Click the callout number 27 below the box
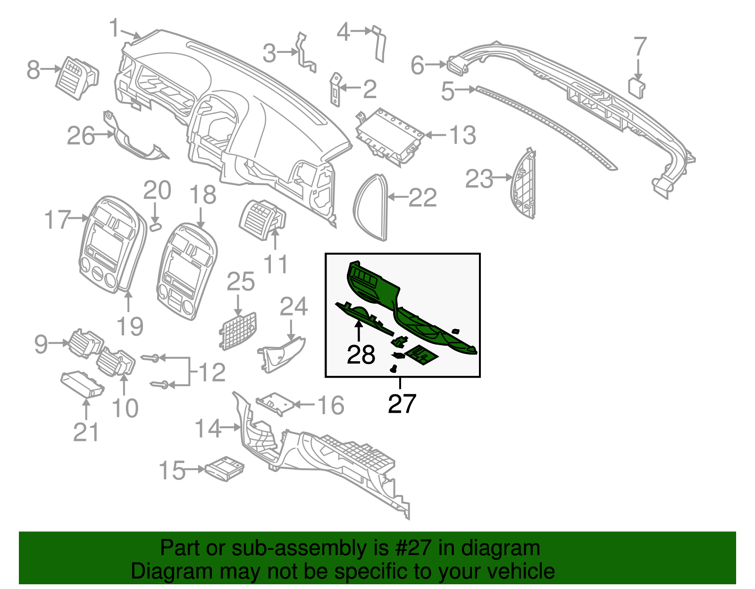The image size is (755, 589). (x=402, y=404)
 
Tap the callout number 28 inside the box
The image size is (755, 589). (x=361, y=355)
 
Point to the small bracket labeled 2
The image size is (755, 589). (x=335, y=90)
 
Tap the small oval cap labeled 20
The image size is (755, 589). (x=155, y=227)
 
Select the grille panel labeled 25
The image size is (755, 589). (x=238, y=331)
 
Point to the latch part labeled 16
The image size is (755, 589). (x=275, y=403)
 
